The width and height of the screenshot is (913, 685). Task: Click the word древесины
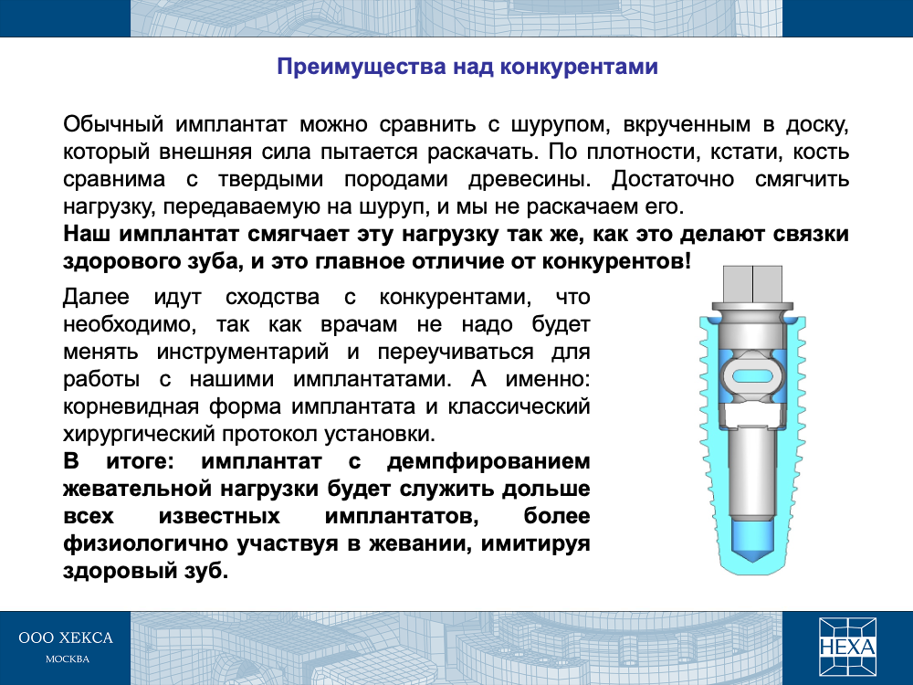pos(530,180)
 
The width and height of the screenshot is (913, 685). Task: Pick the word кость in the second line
pos(822,153)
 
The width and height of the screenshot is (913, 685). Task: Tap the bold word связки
pos(811,234)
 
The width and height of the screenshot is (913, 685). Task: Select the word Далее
pos(96,298)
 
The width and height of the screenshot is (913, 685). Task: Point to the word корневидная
pos(131,407)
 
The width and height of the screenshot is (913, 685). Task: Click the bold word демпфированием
pos(488,462)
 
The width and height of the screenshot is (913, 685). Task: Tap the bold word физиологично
pos(145,544)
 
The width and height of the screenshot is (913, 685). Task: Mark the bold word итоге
pos(140,462)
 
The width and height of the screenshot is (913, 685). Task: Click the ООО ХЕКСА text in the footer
pos(66,638)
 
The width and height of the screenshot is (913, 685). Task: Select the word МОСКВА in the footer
pos(68,659)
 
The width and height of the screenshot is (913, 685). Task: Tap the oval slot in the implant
pos(752,376)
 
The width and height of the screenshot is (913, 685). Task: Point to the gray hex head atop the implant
pos(752,284)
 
